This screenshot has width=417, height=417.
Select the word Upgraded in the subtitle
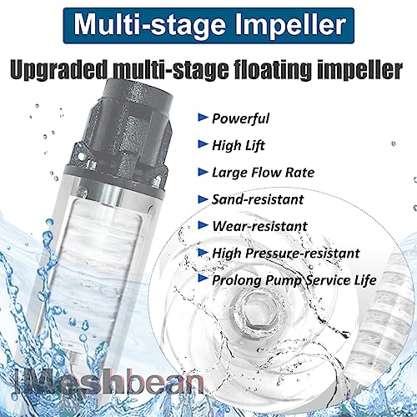pyautogui.click(x=63, y=66)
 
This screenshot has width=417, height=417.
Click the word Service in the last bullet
pyautogui.click(x=327, y=279)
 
